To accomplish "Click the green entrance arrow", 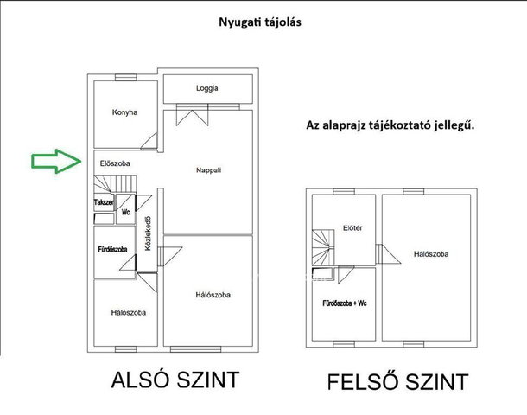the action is [x=56, y=161].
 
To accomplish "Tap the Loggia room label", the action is [x=207, y=88].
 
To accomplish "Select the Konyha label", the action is [x=124, y=112].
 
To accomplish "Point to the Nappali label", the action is [x=208, y=170].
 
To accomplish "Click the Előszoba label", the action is [x=115, y=163].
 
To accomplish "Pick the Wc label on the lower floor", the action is [x=125, y=212].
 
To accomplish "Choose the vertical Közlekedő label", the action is [x=148, y=233].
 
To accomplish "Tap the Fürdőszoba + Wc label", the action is [x=345, y=303].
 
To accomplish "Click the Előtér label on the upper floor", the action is [x=352, y=228].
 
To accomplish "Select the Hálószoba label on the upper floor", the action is [x=431, y=254].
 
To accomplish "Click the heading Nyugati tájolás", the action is [x=260, y=22].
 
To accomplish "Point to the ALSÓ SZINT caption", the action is [x=175, y=380].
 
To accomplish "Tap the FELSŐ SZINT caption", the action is [x=398, y=381].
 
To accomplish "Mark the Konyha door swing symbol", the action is [x=149, y=141].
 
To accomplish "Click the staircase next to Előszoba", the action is [x=115, y=184].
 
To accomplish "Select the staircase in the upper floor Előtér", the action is [x=323, y=247].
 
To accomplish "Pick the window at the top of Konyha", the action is [x=125, y=78].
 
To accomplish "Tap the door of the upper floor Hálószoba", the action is [x=388, y=254].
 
